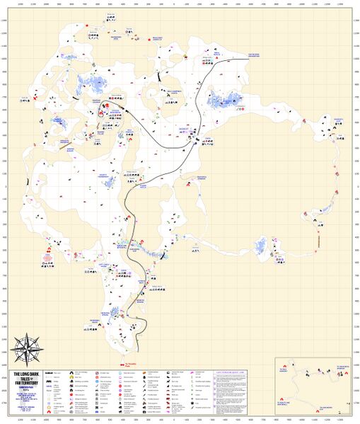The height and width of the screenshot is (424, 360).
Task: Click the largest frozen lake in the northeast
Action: tap(225, 103)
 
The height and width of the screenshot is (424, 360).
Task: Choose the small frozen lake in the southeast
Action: tap(263, 246)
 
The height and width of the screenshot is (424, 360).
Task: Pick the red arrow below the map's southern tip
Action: tap(124, 365)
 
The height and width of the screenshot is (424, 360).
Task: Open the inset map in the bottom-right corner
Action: tap(313, 387)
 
